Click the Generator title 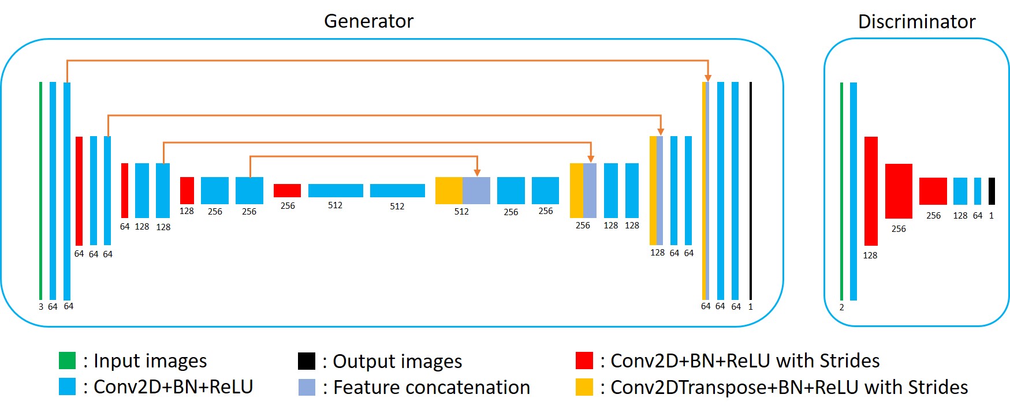368,21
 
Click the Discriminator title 916,22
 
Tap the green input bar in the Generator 40,191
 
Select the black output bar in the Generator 751,191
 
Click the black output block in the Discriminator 992,191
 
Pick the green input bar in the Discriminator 841,191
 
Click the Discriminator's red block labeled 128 871,191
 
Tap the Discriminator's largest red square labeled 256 899,191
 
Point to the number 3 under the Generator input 41,307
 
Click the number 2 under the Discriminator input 841,307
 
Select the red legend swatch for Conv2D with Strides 584,361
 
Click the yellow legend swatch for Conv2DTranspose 584,387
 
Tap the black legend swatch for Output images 307,361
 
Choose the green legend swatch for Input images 67,361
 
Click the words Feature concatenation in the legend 431,388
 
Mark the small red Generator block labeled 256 287,190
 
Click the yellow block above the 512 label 449,190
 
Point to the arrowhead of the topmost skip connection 708,78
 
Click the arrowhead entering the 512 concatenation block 477,172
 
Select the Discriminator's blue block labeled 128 960,191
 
